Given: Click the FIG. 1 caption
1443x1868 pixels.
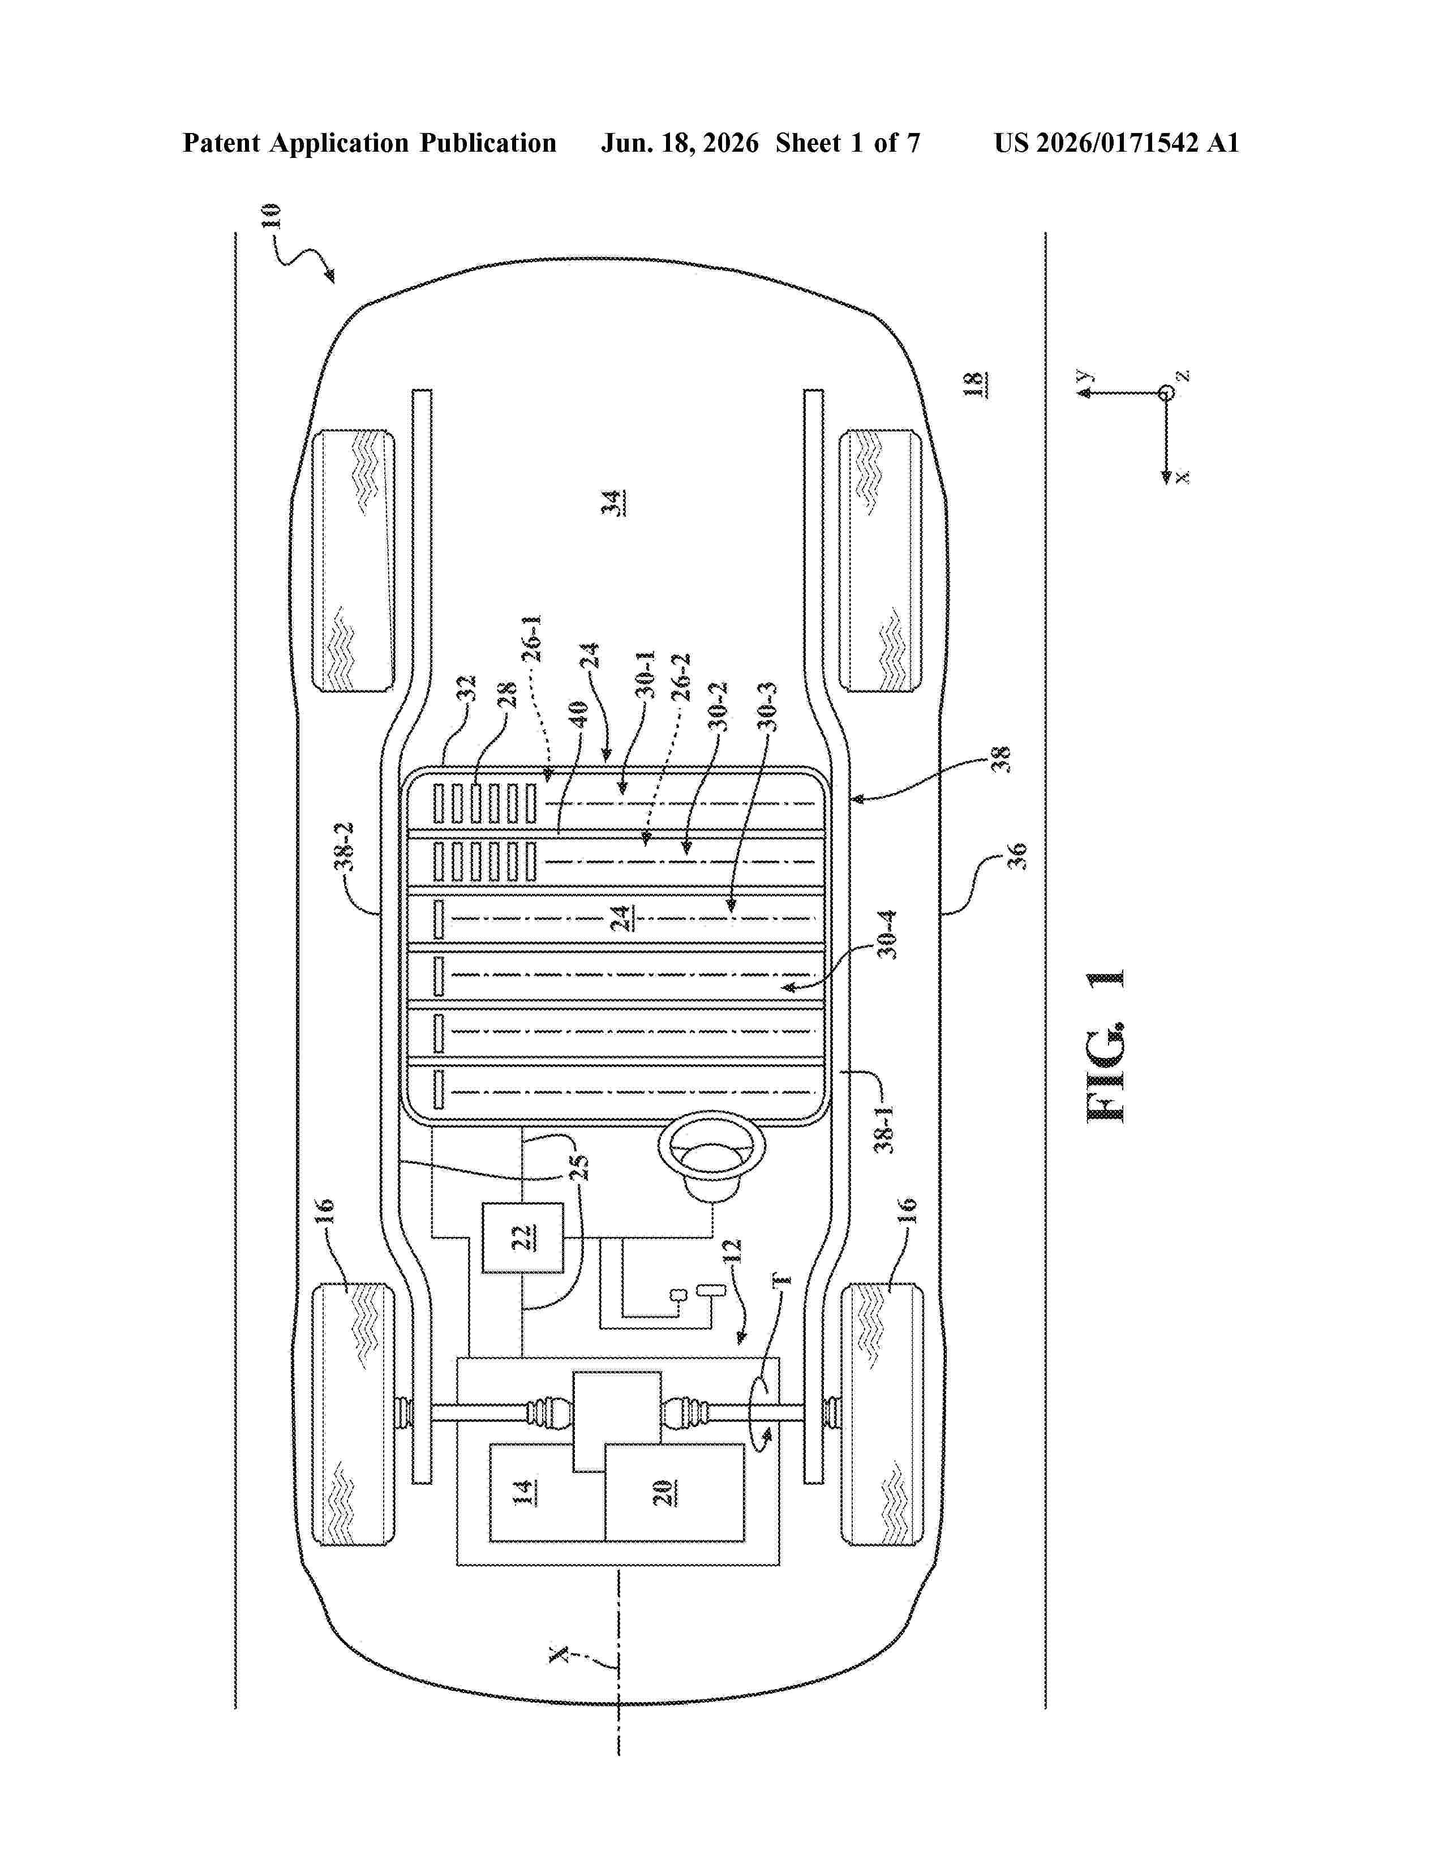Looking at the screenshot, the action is click(x=1105, y=1045).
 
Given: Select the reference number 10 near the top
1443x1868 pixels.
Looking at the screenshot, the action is click(x=269, y=216).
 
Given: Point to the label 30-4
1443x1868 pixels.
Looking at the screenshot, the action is click(x=888, y=934).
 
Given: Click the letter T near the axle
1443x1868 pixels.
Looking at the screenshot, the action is click(x=781, y=1279).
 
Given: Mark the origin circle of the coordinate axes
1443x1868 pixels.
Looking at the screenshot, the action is click(x=1165, y=393).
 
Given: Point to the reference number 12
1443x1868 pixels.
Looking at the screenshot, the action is click(x=733, y=1252).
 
